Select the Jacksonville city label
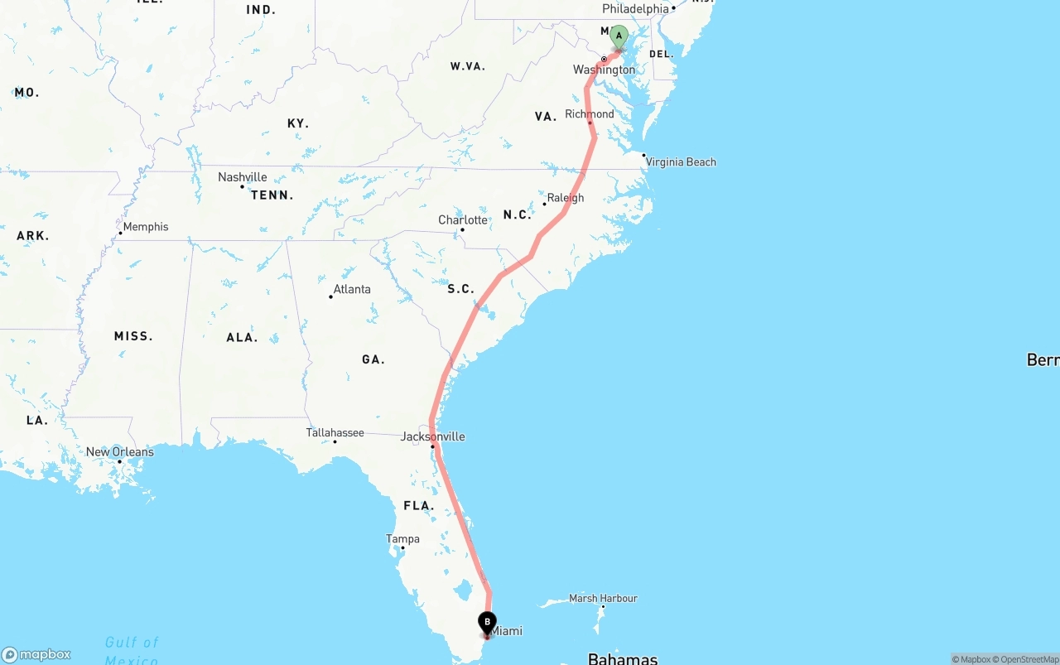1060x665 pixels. [x=432, y=436]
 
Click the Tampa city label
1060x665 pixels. [x=402, y=539]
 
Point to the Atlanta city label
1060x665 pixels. [x=351, y=290]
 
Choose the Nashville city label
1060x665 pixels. [x=242, y=177]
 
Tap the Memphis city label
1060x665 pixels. [x=145, y=227]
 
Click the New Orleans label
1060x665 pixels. [x=119, y=452]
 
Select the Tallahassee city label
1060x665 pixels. [x=335, y=432]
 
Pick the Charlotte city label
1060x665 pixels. [x=462, y=220]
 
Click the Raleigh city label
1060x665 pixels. [x=566, y=198]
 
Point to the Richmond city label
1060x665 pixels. [x=590, y=114]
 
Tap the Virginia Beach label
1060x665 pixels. [x=681, y=162]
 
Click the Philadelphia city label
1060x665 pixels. [x=635, y=9]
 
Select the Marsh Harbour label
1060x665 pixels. [x=603, y=599]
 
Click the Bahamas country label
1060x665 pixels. [x=622, y=658]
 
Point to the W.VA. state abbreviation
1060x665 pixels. [x=467, y=66]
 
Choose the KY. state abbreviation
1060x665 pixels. [x=297, y=123]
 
